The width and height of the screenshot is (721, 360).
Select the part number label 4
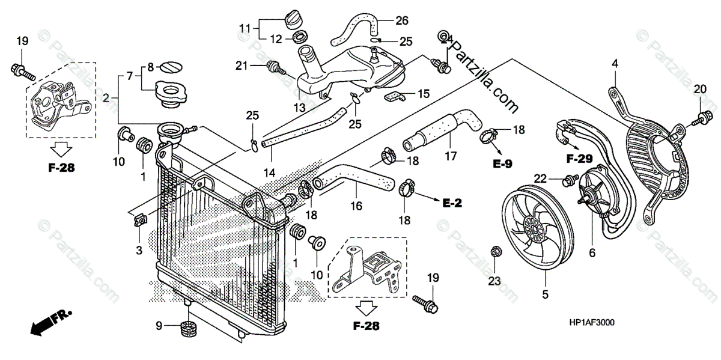pos(615,63)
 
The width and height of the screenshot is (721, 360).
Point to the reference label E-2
pos(451,204)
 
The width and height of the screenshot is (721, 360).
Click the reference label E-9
pos(503,163)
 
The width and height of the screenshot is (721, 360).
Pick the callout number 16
pos(356,206)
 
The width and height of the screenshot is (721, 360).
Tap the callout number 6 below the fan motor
pos(592,253)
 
